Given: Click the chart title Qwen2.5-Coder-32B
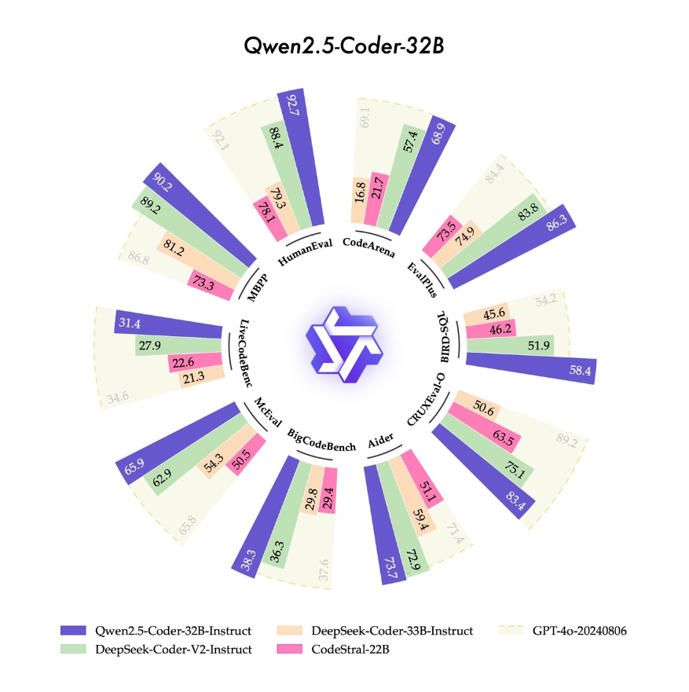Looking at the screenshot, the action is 344,46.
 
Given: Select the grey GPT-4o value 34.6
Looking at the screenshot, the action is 119,397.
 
